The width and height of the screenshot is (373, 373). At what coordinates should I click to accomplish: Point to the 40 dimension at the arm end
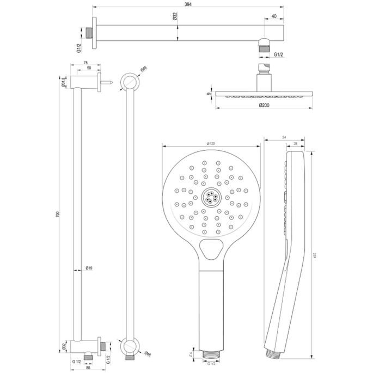coord(274,16)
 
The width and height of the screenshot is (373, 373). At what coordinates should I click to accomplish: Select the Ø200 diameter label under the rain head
coord(264,105)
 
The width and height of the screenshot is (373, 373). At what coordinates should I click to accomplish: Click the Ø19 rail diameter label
coord(89,267)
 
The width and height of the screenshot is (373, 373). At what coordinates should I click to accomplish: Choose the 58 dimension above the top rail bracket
coord(88,69)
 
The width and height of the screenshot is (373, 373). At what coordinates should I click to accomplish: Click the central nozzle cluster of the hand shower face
coord(210,197)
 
